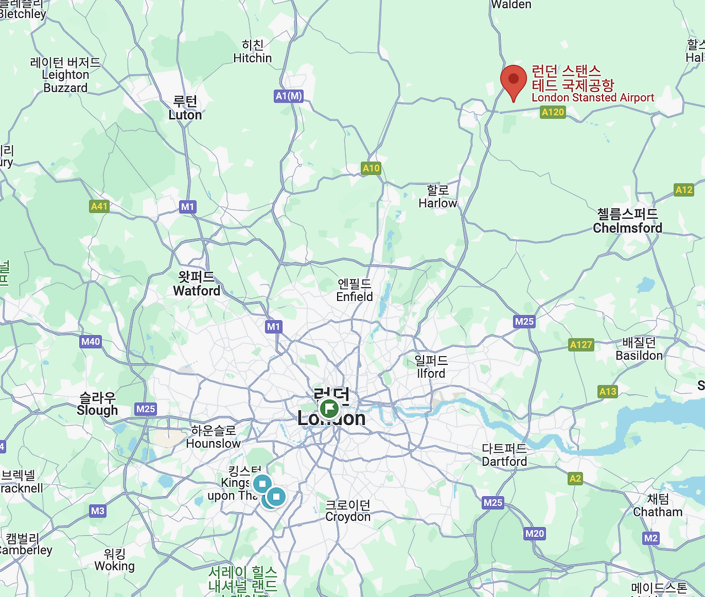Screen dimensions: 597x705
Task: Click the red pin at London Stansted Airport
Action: [x=513, y=80]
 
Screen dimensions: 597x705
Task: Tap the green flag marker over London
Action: [x=329, y=409]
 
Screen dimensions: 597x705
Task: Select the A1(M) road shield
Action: [x=289, y=96]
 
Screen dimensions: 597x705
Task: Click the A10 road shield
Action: [x=371, y=168]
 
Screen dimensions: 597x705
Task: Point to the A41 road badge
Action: [x=99, y=206]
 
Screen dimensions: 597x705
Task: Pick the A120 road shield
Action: [x=553, y=112]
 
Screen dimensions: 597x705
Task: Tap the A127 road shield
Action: [x=581, y=345]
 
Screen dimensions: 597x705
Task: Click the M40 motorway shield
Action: [x=91, y=341]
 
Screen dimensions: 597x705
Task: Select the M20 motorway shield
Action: [x=534, y=533]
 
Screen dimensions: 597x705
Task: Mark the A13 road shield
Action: [x=608, y=391]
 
